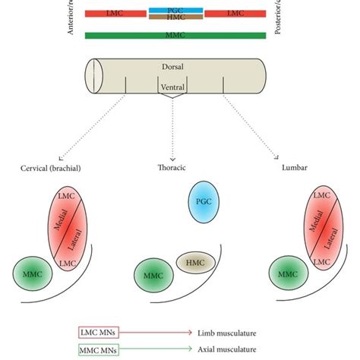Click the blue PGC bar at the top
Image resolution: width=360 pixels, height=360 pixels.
[x=176, y=9]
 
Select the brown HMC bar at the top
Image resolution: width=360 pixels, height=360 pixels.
[x=176, y=17]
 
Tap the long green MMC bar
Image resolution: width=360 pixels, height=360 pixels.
[x=176, y=35]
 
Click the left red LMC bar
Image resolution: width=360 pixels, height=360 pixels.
[x=116, y=14]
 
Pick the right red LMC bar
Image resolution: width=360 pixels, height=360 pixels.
[x=235, y=14]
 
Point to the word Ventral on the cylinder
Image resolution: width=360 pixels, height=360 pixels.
[x=173, y=86]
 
